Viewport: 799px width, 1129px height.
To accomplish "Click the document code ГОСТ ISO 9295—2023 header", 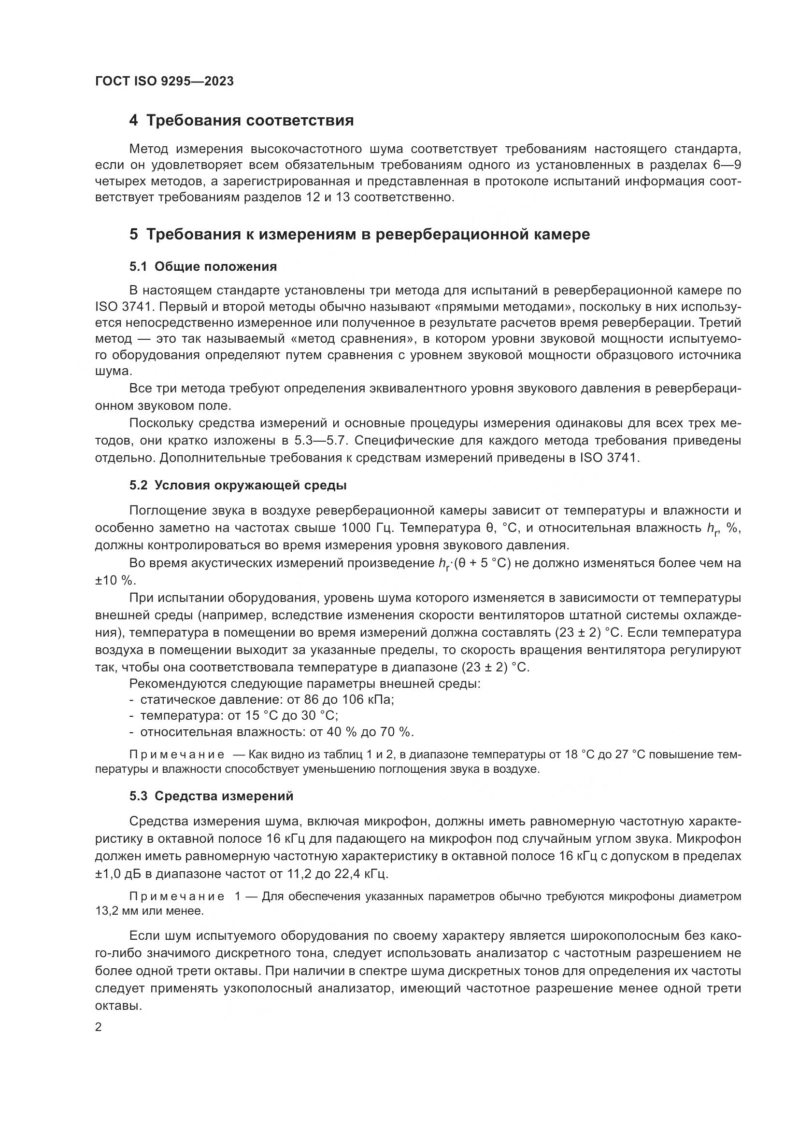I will point(164,82).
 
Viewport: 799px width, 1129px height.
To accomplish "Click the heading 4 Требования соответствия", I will point(241,121).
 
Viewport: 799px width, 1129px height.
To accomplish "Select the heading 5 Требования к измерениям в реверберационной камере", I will point(359,235).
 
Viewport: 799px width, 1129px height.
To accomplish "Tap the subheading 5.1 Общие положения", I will point(203,267).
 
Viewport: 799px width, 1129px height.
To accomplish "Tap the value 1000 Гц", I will point(367,528).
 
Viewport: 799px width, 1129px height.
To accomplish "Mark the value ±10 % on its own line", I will point(114,581).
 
